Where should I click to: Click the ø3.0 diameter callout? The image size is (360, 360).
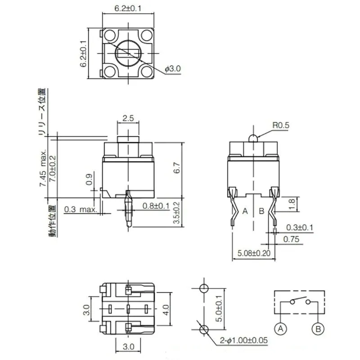(x=173, y=69)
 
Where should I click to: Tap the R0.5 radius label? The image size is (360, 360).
(x=281, y=126)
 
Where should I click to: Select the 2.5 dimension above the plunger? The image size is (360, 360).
(x=128, y=118)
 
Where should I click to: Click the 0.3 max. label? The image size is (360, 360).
(x=81, y=209)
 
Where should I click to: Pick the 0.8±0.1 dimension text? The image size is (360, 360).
(x=156, y=206)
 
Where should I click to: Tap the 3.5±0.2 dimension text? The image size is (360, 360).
(x=176, y=212)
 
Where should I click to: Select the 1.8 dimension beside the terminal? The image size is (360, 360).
(x=291, y=204)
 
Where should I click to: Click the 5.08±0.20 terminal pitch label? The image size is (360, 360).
(x=254, y=253)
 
